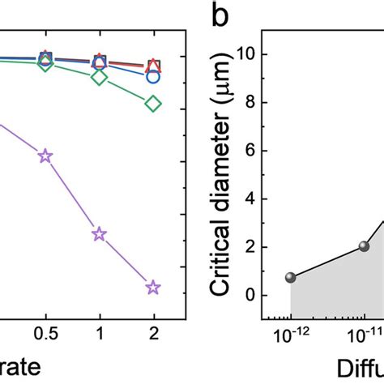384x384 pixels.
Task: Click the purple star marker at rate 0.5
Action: pyautogui.click(x=45, y=156)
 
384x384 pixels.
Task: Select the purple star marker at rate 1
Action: pyautogui.click(x=99, y=234)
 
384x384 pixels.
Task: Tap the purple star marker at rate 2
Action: pyautogui.click(x=152, y=287)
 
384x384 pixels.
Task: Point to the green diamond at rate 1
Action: pyautogui.click(x=99, y=78)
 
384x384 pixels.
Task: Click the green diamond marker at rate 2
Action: pyautogui.click(x=152, y=104)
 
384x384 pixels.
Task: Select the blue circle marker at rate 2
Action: pyautogui.click(x=152, y=75)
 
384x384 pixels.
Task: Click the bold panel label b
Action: pyautogui.click(x=222, y=14)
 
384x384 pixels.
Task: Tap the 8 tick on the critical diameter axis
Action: pyautogui.click(x=259, y=103)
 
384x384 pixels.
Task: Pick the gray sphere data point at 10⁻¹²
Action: pyautogui.click(x=290, y=277)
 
